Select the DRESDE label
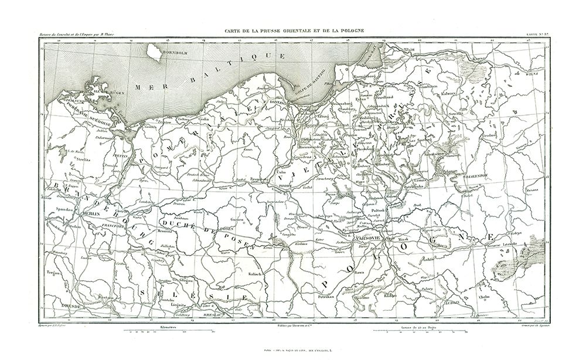point(62,305)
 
